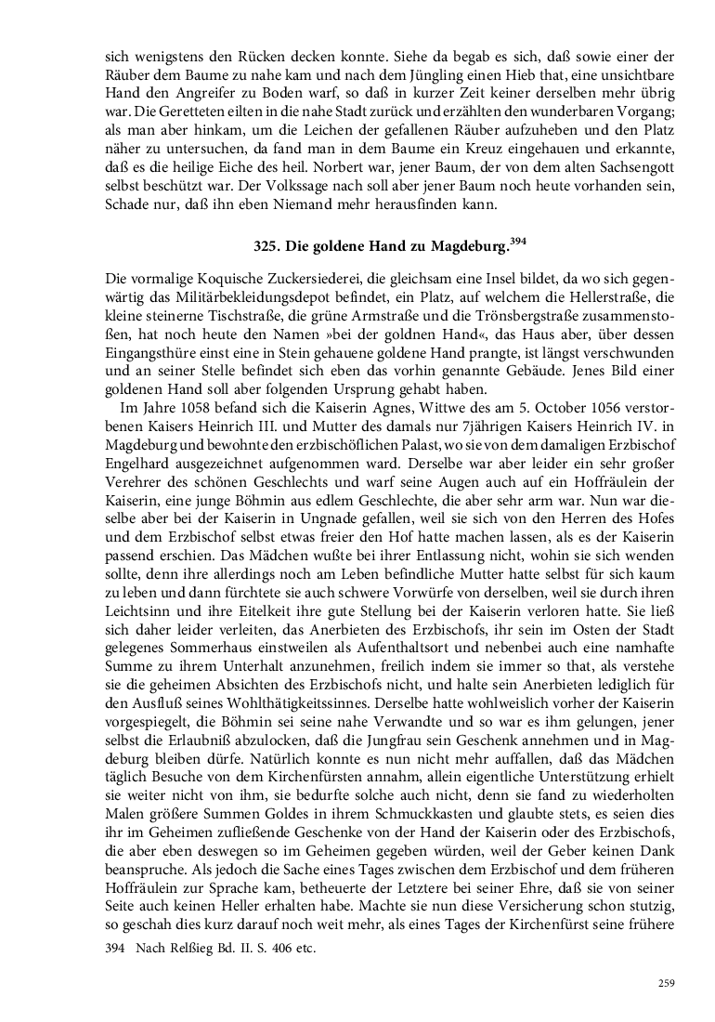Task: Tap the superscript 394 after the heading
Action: [x=517, y=242]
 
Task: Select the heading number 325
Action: [x=269, y=248]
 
